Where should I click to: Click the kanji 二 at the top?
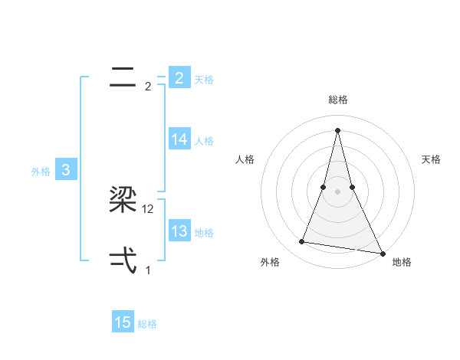[123, 77]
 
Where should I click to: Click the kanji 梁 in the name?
[123, 201]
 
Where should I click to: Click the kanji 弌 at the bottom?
[123, 261]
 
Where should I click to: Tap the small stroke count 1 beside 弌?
[149, 270]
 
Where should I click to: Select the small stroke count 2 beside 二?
[148, 87]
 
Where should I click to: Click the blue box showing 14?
[179, 139]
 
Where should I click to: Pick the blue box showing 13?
[179, 231]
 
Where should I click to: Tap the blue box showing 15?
[123, 322]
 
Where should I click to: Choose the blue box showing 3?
[66, 170]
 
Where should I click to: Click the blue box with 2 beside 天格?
[179, 78]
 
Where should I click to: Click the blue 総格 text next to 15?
[147, 324]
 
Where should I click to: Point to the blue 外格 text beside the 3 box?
[41, 172]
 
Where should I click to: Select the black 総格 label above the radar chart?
[338, 100]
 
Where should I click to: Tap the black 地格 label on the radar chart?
[402, 262]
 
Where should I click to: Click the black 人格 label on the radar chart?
[245, 159]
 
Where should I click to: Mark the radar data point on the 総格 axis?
[337, 130]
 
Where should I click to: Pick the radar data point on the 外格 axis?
[302, 242]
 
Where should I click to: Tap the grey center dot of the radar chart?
[337, 191]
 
